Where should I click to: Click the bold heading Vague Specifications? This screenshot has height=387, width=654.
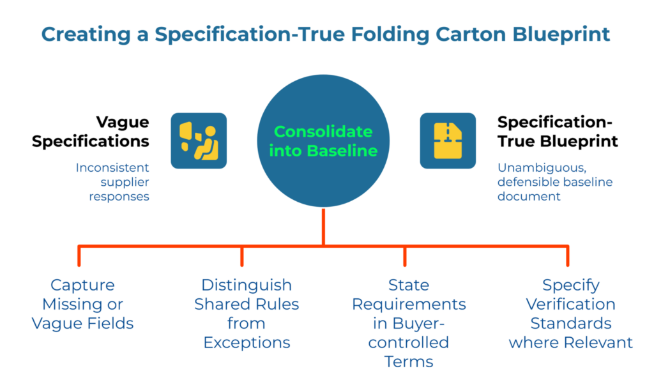coord(100,132)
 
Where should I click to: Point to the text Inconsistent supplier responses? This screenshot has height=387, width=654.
coord(112,181)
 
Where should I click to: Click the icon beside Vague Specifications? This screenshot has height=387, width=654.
coord(199,140)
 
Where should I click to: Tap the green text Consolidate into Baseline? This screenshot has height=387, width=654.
coord(323,141)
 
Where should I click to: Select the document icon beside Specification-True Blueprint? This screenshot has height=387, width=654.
coord(447,140)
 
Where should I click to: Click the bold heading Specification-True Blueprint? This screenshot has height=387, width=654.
coord(558,132)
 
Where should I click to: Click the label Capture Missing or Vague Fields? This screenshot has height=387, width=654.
coord(83,304)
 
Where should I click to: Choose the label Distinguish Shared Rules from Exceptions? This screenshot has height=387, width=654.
coord(247,314)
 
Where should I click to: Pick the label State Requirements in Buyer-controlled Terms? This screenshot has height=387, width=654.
coord(409,323)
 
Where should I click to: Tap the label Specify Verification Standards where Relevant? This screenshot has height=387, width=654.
coord(570,314)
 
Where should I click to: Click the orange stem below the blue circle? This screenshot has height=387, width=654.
coord(324,227)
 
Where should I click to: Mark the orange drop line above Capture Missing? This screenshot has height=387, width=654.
coord(79,255)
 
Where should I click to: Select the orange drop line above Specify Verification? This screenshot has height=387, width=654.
coord(568,255)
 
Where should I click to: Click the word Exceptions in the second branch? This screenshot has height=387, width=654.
coord(247,342)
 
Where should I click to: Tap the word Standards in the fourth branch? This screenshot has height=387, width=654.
coord(570,323)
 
